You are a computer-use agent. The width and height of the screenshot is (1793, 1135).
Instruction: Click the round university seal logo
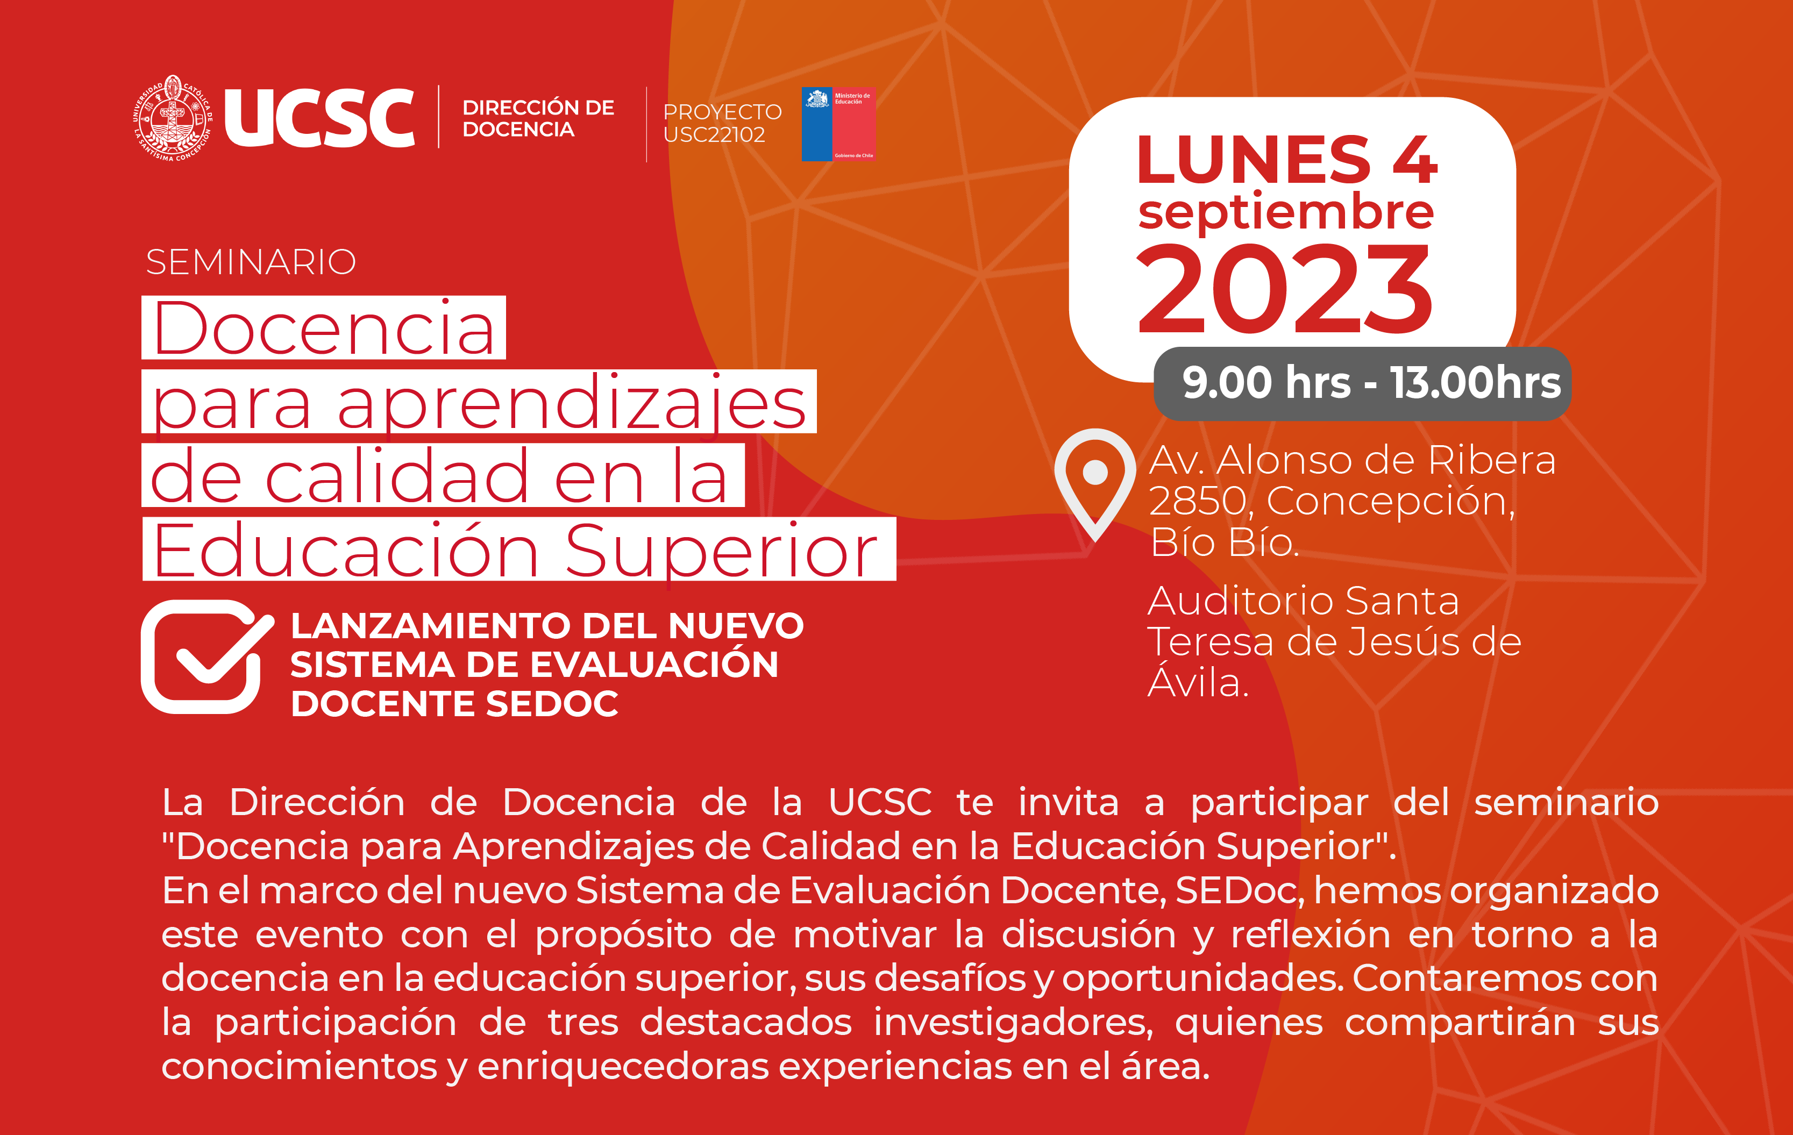(173, 118)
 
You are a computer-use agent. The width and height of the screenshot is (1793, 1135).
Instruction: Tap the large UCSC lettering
(319, 118)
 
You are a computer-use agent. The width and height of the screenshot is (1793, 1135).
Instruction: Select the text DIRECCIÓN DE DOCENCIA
(538, 118)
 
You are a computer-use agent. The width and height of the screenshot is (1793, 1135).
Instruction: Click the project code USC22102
(714, 135)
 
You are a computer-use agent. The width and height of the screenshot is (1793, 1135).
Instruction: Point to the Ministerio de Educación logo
(838, 124)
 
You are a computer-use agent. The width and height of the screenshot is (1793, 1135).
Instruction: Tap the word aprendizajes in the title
(572, 404)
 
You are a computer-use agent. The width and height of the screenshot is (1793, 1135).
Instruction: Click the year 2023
(1284, 289)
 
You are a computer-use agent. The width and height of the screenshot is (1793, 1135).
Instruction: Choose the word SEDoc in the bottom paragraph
(1240, 890)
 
